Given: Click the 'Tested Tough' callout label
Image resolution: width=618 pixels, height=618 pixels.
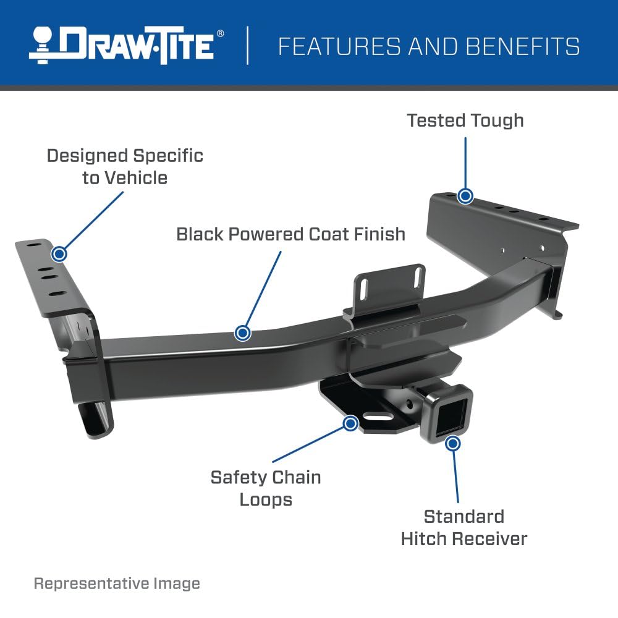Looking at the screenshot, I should (x=465, y=120).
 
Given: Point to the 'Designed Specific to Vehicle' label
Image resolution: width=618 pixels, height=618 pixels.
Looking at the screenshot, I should (x=125, y=166).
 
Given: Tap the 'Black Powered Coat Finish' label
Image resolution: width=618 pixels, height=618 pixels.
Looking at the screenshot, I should (x=290, y=234).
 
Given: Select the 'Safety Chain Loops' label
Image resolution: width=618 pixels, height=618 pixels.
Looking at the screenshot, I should (x=266, y=488).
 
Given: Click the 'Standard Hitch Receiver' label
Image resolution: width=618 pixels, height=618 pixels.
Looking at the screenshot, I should (x=463, y=527).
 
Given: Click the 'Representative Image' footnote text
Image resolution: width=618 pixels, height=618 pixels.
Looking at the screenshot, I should (x=117, y=583).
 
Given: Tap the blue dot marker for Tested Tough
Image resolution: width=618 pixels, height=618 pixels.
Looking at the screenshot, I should (x=465, y=197).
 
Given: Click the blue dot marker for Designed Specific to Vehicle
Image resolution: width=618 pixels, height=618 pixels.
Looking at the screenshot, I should (x=59, y=253).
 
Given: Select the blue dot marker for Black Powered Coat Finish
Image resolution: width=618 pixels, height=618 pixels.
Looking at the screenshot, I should (x=243, y=333).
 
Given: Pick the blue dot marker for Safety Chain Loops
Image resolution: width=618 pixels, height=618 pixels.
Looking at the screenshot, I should (x=350, y=423).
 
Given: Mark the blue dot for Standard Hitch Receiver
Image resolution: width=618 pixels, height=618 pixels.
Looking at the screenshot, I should (x=453, y=443).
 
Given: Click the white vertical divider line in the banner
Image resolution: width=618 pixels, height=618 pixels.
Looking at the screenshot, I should (x=248, y=45).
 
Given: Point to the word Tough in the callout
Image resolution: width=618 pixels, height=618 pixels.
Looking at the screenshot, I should (x=496, y=120).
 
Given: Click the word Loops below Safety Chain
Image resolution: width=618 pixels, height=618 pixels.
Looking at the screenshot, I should (x=266, y=499).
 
